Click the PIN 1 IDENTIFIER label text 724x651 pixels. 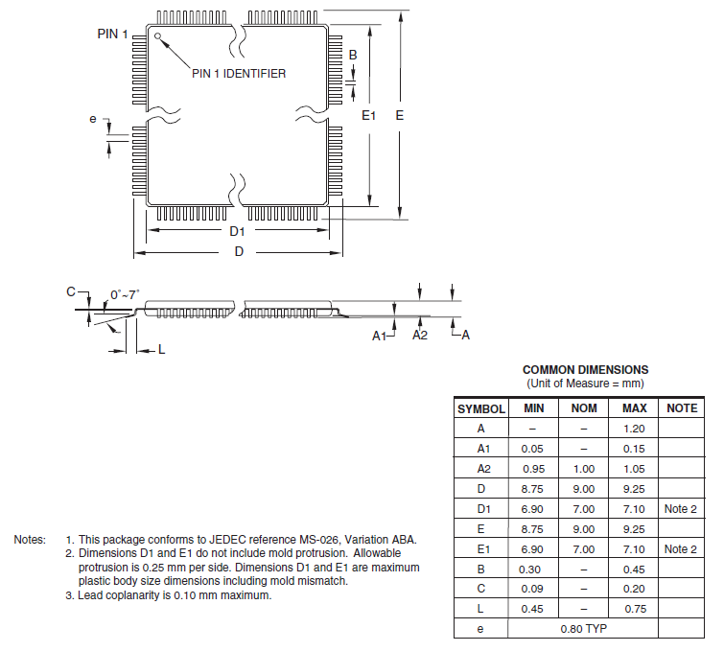239,74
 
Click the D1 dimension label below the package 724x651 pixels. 237,232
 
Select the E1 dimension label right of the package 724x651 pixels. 369,115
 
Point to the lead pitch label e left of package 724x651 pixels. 93,119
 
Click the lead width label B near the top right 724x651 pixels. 353,55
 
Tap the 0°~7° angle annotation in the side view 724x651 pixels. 125,294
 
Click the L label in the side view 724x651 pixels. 162,350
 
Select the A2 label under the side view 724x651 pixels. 420,335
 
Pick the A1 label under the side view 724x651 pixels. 380,336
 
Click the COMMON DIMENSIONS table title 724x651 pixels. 585,369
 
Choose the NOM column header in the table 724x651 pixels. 584,408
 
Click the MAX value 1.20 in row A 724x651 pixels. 634,429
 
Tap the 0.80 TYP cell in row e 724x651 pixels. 584,629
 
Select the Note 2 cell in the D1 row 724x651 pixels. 681,509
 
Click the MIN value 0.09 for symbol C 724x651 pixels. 533,589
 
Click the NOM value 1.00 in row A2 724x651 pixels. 584,469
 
